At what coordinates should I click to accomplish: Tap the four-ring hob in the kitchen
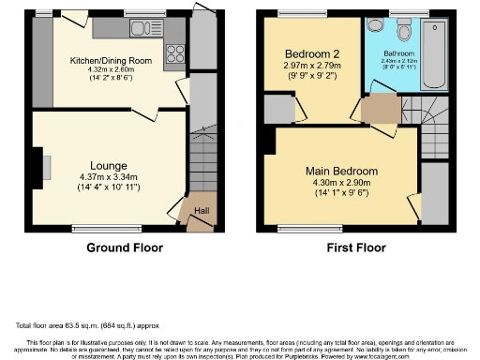click(x=173, y=53)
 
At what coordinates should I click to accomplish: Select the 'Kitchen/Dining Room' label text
click(x=110, y=61)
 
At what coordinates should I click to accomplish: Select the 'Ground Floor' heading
click(x=125, y=248)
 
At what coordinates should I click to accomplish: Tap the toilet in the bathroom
click(x=403, y=29)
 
